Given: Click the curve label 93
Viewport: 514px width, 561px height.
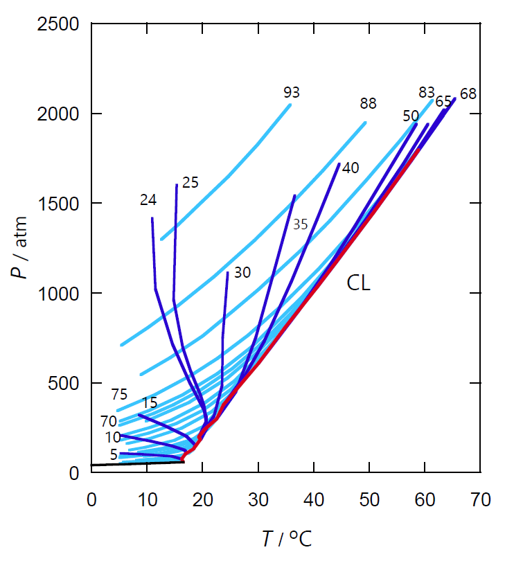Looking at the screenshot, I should [292, 92].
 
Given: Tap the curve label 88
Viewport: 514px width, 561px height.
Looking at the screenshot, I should [368, 104].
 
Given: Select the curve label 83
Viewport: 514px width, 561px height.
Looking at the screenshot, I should [426, 92].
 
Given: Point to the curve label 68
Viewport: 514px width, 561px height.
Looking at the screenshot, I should [468, 93].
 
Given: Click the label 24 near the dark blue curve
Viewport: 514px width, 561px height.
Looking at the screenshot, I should [148, 200].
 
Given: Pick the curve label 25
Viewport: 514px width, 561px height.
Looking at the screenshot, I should [190, 183].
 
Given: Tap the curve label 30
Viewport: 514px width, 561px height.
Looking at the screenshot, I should [242, 273].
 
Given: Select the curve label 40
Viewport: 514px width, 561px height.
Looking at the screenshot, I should [351, 168].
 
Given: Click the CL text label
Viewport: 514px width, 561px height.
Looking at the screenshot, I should [359, 284].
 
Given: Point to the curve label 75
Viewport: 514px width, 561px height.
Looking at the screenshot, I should [119, 395].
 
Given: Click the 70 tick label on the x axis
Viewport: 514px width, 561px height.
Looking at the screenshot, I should [481, 500].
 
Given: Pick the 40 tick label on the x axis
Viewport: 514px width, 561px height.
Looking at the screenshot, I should [314, 500].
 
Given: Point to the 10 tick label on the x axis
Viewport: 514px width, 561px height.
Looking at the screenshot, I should [146, 500].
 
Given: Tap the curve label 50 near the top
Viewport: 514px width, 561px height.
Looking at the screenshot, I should [410, 116].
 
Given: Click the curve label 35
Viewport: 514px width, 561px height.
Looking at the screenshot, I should [300, 224].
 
